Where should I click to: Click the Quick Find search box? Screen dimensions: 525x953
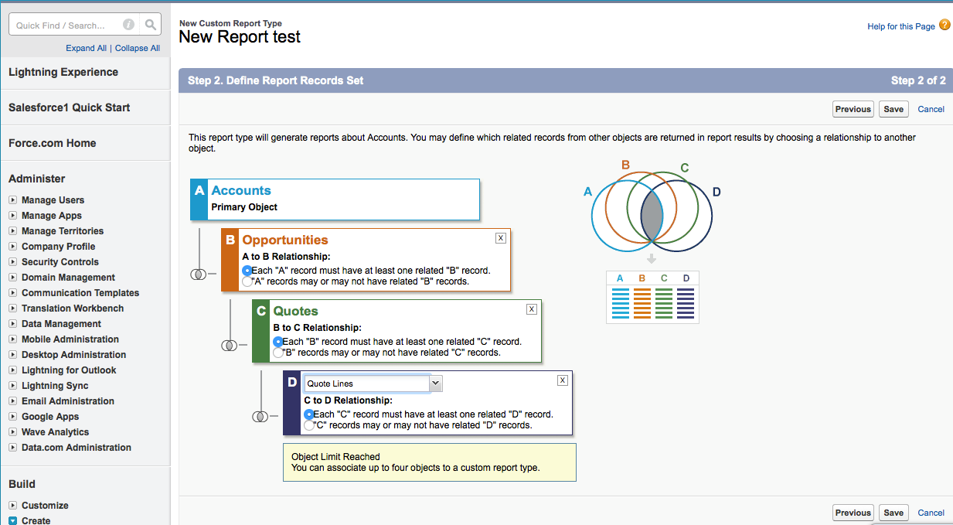pyautogui.click(x=66, y=25)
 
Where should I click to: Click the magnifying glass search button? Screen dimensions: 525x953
pyautogui.click(x=151, y=25)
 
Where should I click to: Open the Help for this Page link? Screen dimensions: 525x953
pyautogui.click(x=901, y=26)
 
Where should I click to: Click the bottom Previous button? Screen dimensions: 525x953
pyautogui.click(x=853, y=513)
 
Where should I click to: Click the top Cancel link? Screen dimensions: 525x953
pyautogui.click(x=931, y=109)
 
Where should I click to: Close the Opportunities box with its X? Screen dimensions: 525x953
pyautogui.click(x=501, y=238)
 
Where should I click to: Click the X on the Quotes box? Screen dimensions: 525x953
pyautogui.click(x=532, y=309)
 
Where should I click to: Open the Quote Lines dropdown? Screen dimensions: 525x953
pyautogui.click(x=436, y=384)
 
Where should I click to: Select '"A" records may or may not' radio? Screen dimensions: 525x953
pyautogui.click(x=247, y=282)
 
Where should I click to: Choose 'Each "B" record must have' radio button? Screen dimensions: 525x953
pyautogui.click(x=277, y=342)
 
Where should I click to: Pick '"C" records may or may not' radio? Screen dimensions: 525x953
pyautogui.click(x=308, y=425)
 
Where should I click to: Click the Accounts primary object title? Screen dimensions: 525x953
pyautogui.click(x=241, y=191)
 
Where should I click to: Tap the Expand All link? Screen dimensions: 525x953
pyautogui.click(x=86, y=48)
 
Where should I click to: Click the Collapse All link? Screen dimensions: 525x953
pyautogui.click(x=138, y=48)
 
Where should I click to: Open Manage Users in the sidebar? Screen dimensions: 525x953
pyautogui.click(x=53, y=200)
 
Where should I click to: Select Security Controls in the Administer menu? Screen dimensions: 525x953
pyautogui.click(x=60, y=262)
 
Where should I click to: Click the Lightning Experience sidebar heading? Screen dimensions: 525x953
pyautogui.click(x=63, y=72)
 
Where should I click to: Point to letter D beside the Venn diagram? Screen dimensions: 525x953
pyautogui.click(x=716, y=192)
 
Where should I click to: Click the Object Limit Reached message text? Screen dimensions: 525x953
pyautogui.click(x=335, y=457)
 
